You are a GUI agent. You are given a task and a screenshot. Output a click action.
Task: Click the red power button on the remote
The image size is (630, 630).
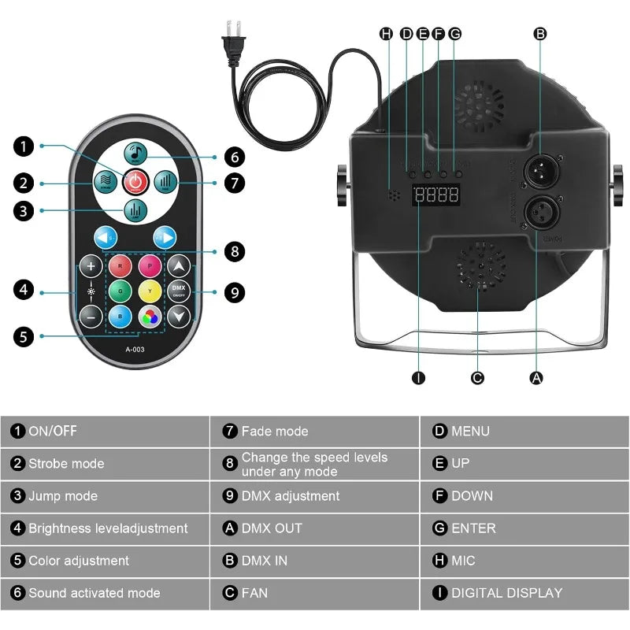[135, 182]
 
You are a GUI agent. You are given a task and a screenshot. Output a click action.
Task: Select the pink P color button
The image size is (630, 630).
[150, 265]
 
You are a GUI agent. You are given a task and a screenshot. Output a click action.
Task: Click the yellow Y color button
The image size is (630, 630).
[150, 290]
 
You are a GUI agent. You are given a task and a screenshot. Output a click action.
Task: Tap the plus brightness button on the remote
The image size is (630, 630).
[92, 265]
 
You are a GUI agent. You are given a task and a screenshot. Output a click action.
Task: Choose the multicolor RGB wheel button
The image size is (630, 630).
[150, 316]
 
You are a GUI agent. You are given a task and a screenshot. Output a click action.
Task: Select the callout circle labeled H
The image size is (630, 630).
[386, 34]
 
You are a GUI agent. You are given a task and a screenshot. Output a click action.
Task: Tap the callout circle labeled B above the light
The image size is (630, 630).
[539, 34]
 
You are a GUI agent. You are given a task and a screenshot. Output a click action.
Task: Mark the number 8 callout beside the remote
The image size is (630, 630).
[233, 251]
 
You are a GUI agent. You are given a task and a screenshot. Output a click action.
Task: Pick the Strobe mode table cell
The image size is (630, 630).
[105, 463]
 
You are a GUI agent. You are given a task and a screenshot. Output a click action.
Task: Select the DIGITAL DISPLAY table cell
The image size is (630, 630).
[524, 593]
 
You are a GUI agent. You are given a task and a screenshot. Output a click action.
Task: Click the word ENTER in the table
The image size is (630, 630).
[473, 528]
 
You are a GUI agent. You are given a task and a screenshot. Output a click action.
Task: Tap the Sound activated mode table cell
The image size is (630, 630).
[105, 593]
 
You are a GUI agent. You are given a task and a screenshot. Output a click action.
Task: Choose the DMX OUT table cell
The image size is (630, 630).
[314, 528]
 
